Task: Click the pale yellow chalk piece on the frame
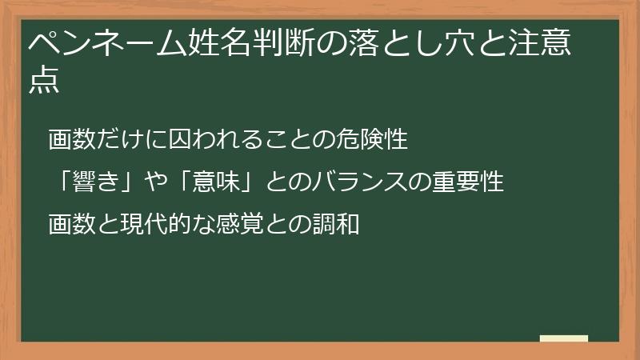coord(563,339)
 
